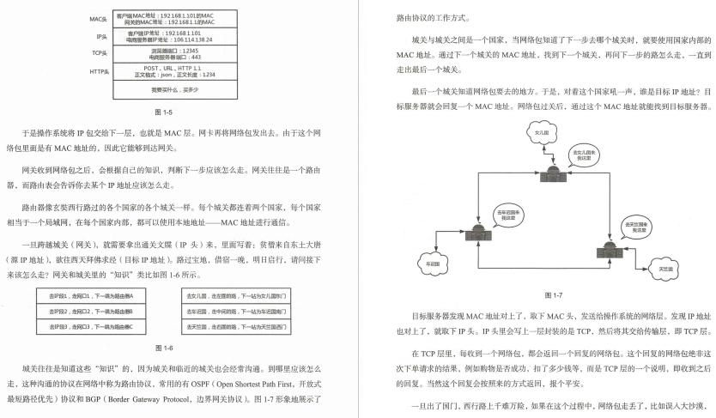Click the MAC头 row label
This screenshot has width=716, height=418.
pyautogui.click(x=100, y=19)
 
